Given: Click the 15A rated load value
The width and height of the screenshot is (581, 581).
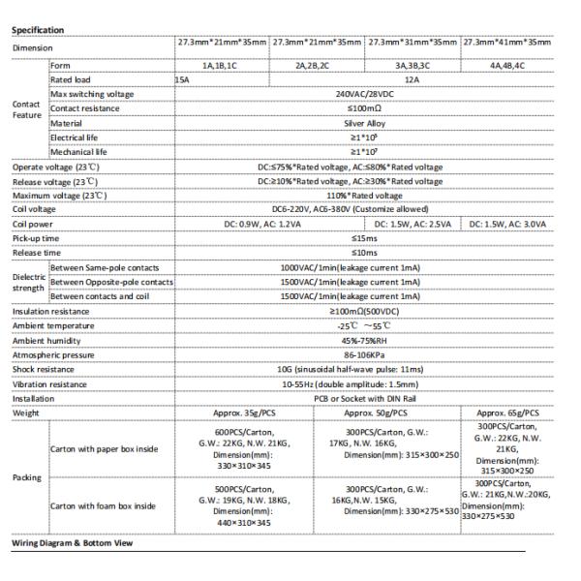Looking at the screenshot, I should (183, 79).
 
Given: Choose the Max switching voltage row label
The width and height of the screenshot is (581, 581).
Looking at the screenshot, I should (92, 94).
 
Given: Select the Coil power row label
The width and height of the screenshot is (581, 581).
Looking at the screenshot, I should (34, 224).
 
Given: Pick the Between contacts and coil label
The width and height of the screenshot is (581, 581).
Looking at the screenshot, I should (105, 296).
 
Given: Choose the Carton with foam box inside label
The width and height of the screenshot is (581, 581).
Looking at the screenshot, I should (105, 505).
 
